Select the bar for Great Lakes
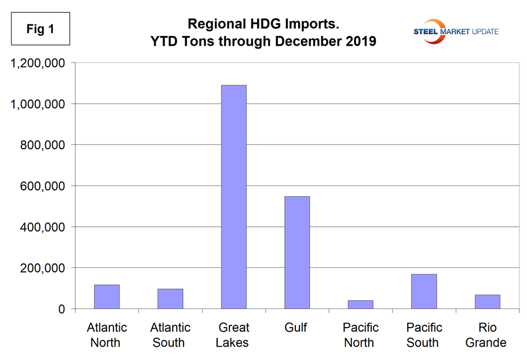click(x=233, y=197)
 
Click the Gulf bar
click(x=297, y=252)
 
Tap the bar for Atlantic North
click(x=107, y=297)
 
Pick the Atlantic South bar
click(x=170, y=299)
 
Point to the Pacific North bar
click(x=360, y=304)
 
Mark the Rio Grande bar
click(x=487, y=302)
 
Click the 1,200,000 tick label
click(x=36, y=63)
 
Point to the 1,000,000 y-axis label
click(x=36, y=104)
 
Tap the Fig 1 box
click(x=41, y=29)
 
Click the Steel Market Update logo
click(x=455, y=31)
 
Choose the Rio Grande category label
click(x=487, y=335)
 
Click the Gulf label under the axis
click(x=296, y=328)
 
